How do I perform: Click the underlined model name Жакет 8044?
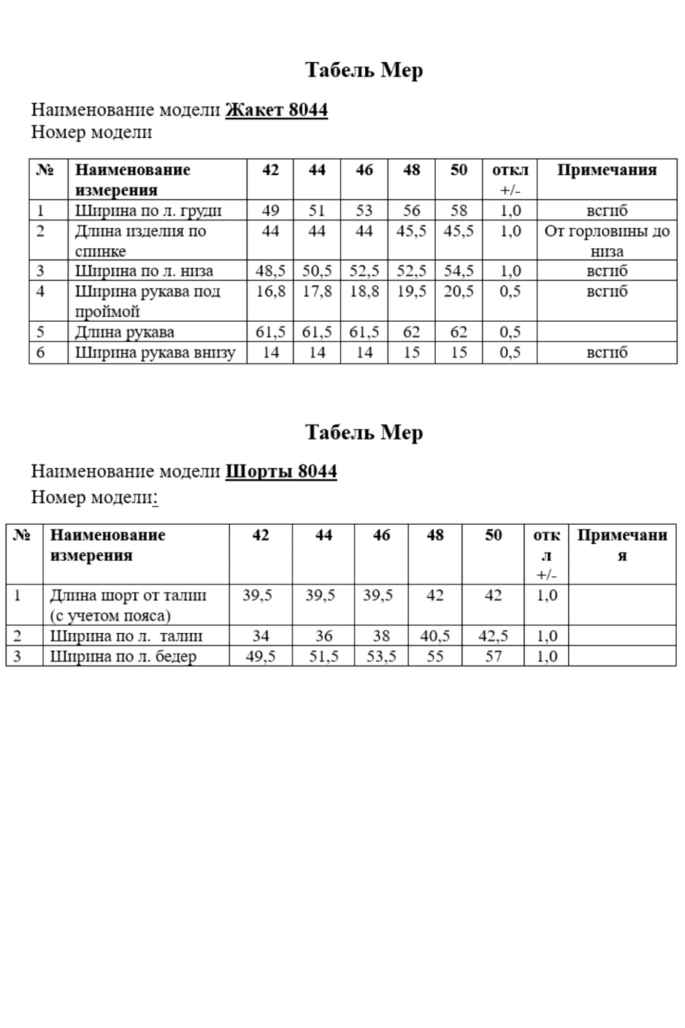point(276,110)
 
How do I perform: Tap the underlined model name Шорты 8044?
point(281,471)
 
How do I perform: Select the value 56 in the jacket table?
point(411,211)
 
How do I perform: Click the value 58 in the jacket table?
point(458,211)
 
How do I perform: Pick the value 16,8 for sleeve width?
point(270,291)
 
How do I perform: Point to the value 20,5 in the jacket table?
point(458,291)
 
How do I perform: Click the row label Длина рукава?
point(125,332)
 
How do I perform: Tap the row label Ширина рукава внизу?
point(155,353)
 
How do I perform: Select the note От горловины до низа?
point(607,241)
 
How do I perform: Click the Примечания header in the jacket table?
point(607,170)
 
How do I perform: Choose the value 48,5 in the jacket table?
point(270,271)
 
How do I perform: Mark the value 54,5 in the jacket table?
point(458,271)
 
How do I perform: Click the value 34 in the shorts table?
point(261,636)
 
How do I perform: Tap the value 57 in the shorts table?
point(493,656)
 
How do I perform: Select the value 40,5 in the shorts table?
point(435,636)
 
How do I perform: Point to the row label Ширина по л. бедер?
point(123,656)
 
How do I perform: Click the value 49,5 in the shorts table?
point(261,656)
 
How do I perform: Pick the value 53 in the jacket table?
point(364,211)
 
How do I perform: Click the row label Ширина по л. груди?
point(149,211)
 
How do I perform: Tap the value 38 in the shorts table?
point(381,636)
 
